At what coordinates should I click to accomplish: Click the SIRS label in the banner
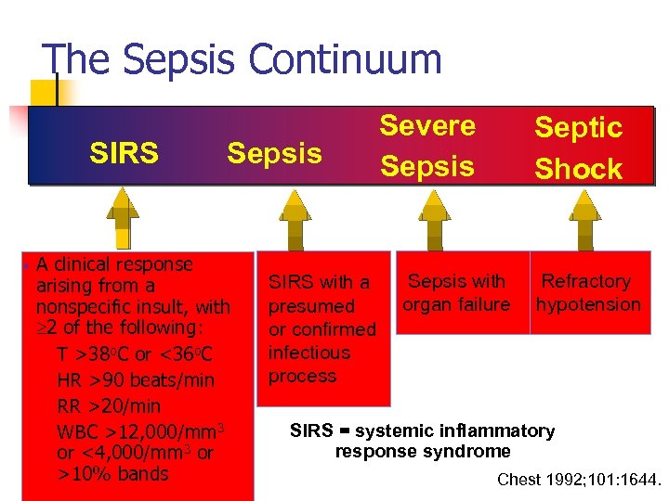123,153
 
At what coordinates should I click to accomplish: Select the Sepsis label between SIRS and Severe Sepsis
274,153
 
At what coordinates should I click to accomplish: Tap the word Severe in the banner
427,125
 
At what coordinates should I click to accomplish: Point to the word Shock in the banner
578,169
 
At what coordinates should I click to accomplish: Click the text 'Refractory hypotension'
587,292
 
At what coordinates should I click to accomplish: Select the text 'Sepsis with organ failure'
456,292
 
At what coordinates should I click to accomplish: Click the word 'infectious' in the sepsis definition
308,353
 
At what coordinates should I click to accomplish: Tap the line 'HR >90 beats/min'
136,380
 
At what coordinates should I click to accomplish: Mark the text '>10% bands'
112,474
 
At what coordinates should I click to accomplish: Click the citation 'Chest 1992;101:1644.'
579,480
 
